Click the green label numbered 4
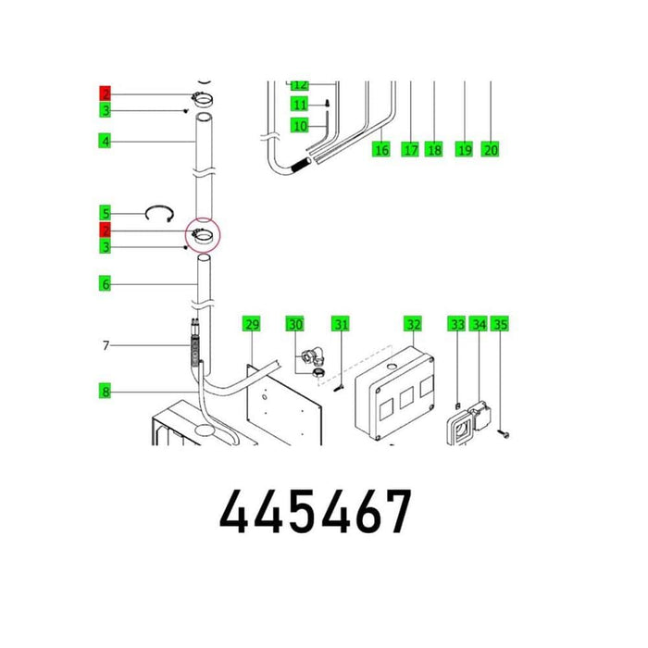[106, 141]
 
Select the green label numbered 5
[106, 213]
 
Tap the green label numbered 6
[106, 284]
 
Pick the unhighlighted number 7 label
[106, 344]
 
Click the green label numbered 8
[106, 391]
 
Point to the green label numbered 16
[381, 149]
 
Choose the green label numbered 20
[490, 149]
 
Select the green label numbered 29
[251, 324]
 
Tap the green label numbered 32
[413, 324]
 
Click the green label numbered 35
[500, 324]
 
